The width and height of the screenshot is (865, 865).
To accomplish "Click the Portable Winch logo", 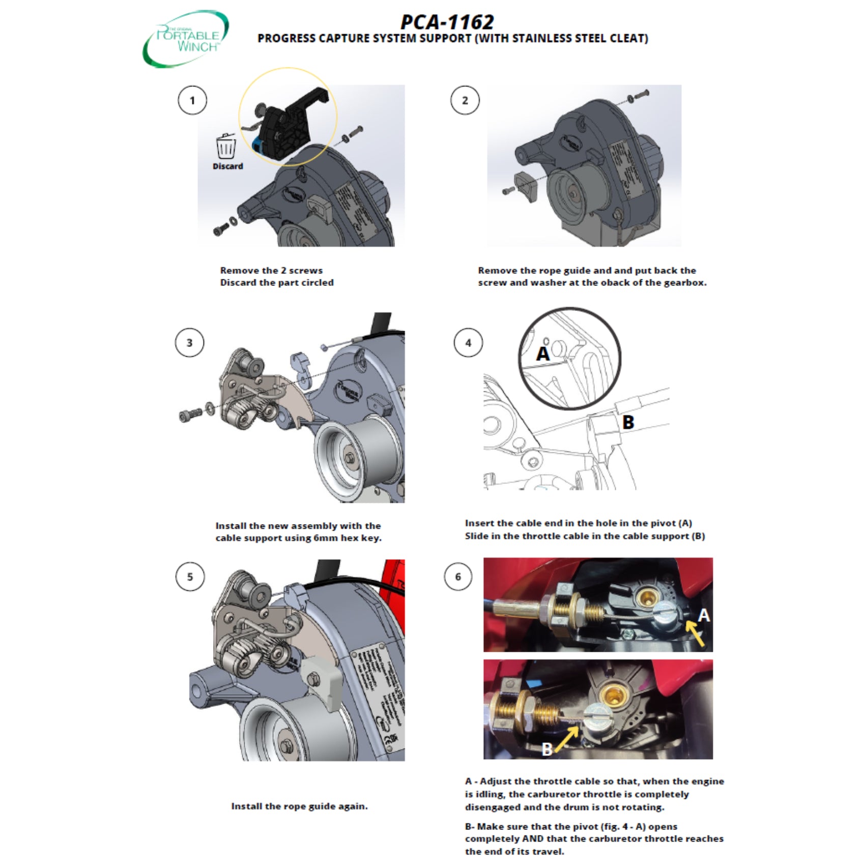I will [186, 38].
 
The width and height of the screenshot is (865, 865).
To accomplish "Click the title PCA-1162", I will [447, 22].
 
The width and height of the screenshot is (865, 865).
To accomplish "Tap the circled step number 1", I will [192, 100].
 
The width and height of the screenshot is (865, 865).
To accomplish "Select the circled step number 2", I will [465, 100].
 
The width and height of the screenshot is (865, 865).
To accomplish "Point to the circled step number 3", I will [189, 343].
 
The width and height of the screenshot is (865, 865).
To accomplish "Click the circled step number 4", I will [468, 343].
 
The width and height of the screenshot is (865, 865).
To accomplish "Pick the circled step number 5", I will [190, 577].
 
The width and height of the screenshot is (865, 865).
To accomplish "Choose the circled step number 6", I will [458, 577].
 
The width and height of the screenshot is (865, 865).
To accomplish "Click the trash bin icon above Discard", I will [226, 148].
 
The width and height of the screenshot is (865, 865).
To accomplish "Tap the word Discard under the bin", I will [227, 166].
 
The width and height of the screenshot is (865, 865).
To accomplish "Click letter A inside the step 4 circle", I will [543, 354].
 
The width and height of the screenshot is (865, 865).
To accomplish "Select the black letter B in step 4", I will [628, 422].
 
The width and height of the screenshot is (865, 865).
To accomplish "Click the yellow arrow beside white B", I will [566, 739].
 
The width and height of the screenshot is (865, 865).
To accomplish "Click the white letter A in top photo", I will [703, 615].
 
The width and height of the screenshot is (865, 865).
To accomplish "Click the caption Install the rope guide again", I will [299, 806].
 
